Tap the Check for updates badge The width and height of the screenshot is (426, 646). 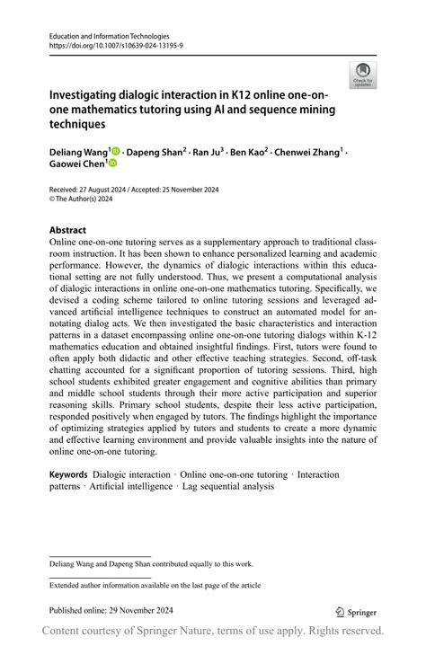click(x=363, y=75)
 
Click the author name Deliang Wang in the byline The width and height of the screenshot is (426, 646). click(x=79, y=152)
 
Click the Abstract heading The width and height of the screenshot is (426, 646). click(x=68, y=230)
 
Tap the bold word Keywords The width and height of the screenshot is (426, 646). click(x=68, y=474)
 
